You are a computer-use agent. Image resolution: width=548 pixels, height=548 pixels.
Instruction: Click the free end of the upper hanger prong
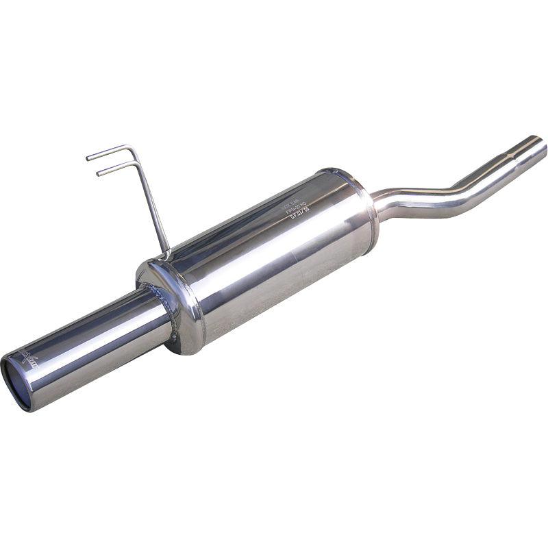(x=88, y=158)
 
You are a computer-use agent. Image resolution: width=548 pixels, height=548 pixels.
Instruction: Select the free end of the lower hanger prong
(x=99, y=173)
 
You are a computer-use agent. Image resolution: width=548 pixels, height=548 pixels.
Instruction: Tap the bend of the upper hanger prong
(x=130, y=148)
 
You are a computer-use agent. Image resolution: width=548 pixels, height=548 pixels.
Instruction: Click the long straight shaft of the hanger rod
(x=152, y=206)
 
